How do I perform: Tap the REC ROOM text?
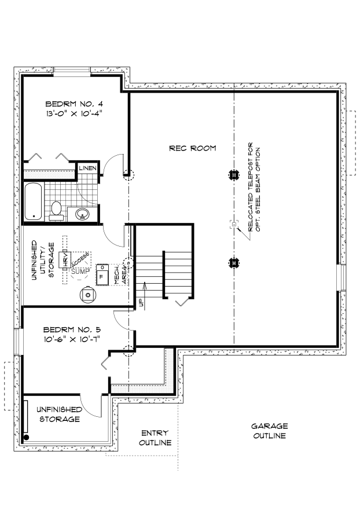[x=192, y=148]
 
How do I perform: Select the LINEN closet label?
[x=89, y=168]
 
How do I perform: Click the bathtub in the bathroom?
[x=34, y=201]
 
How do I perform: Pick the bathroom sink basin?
[x=83, y=214]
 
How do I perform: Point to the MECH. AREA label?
[x=119, y=273]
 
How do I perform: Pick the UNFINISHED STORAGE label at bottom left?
[x=58, y=414]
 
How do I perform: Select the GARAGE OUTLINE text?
[x=269, y=430]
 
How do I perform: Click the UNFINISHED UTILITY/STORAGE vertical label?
[x=42, y=261]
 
